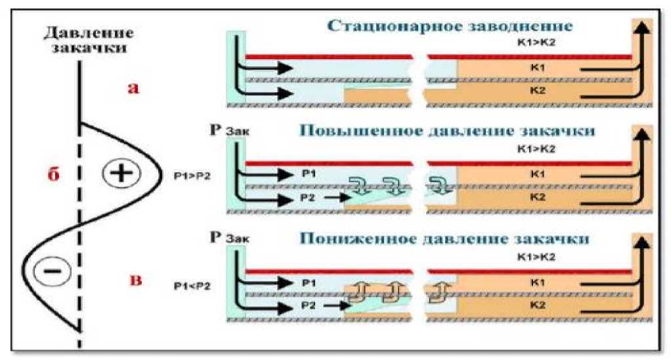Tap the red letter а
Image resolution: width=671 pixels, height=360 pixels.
point(133,88)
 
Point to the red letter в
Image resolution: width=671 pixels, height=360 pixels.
point(136,281)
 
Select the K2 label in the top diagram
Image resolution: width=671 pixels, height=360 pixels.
point(537,90)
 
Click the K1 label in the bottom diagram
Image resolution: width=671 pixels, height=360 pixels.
point(537,281)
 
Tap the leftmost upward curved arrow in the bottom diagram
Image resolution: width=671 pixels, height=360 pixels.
point(358,291)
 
